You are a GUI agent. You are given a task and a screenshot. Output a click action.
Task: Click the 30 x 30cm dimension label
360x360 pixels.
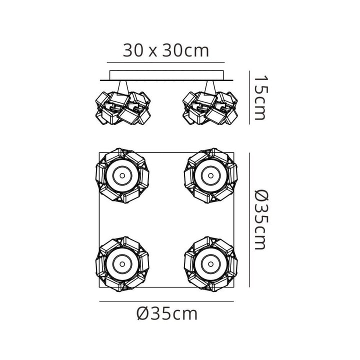tap(166, 50)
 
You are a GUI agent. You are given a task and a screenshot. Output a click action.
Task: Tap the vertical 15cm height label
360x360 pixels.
tap(261, 97)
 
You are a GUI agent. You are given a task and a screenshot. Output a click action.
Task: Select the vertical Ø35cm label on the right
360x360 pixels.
tap(261, 220)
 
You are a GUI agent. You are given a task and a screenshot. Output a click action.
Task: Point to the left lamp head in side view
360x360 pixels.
tap(123, 108)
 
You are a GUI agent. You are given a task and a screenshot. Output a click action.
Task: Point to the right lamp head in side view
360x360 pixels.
tap(210, 108)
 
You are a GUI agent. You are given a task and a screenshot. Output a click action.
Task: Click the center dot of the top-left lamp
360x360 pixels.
tap(122, 175)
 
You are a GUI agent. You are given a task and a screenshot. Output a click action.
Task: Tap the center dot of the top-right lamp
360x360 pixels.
tap(211, 175)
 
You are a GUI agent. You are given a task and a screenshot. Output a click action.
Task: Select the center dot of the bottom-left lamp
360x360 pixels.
tap(122, 264)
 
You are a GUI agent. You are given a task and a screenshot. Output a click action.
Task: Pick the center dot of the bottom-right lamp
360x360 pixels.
tap(211, 264)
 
